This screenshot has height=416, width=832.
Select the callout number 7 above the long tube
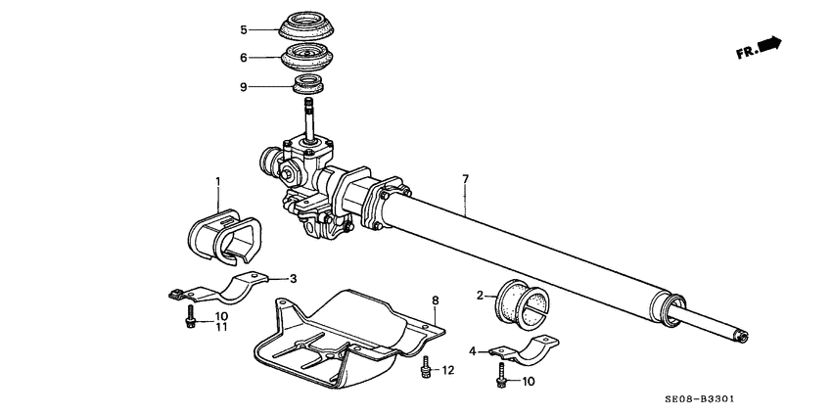466,179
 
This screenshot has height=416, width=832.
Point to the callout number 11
221,327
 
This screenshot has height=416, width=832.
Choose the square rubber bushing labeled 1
217,233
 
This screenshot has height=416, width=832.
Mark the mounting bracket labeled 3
223,291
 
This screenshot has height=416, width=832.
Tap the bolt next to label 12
425,369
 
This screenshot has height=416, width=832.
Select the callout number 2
481,295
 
